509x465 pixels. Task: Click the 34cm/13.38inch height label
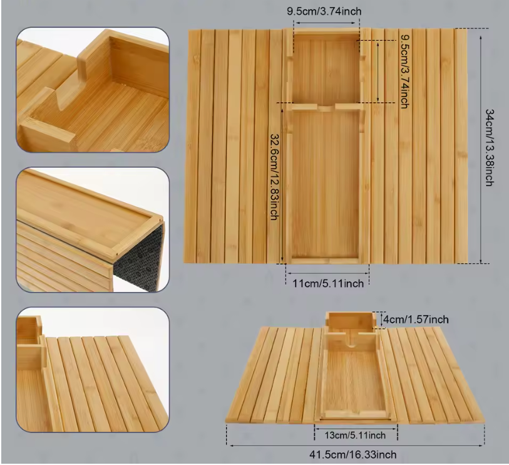490,148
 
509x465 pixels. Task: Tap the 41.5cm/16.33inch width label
353,454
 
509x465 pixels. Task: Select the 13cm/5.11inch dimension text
355,435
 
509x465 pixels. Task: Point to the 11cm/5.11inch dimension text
328,284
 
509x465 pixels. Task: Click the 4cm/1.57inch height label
416,320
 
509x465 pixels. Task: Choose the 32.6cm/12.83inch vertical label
275,177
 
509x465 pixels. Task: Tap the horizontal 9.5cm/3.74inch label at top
324,11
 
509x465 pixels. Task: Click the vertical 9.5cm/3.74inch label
404,71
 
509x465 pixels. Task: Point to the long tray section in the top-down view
326,185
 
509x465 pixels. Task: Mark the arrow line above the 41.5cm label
356,446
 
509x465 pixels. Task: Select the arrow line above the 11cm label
327,274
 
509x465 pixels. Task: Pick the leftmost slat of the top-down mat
192,146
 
